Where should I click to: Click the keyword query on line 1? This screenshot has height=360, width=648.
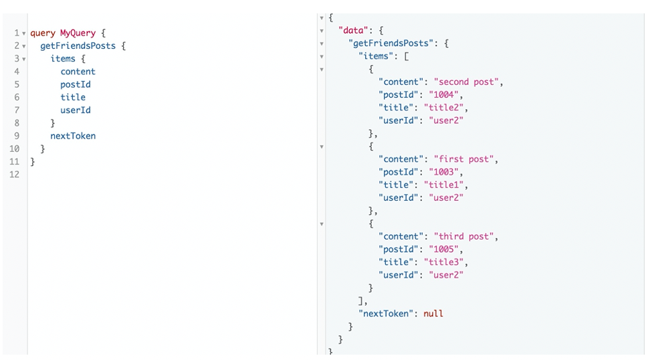(x=42, y=33)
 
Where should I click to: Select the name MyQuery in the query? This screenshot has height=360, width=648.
(x=78, y=33)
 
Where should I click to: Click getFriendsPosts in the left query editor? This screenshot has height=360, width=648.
(x=78, y=46)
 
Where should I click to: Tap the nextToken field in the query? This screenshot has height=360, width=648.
(x=73, y=136)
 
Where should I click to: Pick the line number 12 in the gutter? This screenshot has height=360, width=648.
(x=14, y=175)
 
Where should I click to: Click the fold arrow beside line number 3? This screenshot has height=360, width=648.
(x=24, y=59)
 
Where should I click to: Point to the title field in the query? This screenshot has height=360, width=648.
(x=73, y=97)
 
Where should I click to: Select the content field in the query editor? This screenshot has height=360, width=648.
(x=78, y=72)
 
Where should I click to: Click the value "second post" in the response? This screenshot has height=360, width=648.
(x=467, y=82)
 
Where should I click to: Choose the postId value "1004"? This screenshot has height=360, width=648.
(x=445, y=95)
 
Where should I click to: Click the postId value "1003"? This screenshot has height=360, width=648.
(x=445, y=172)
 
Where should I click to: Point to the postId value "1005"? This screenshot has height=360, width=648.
(x=445, y=249)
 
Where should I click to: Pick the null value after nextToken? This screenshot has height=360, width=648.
(x=433, y=313)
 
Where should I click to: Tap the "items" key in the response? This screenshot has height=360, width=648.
(x=376, y=56)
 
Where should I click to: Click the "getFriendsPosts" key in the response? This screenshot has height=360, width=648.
(x=394, y=43)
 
